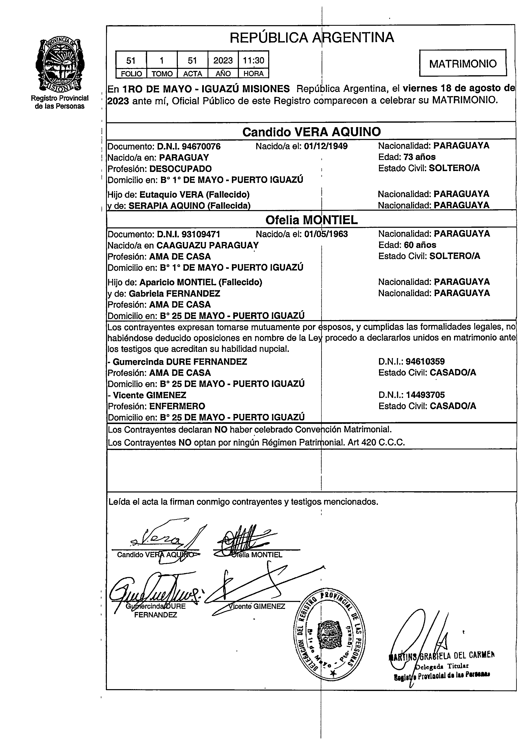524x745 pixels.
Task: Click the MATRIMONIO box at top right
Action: pyautogui.click(x=463, y=63)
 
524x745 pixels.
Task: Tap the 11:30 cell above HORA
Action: pyautogui.click(x=254, y=60)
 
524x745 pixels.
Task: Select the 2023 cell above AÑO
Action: pyautogui.click(x=223, y=60)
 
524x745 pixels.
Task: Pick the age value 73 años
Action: pyautogui.click(x=419, y=157)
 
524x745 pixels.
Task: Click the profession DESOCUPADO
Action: pyautogui.click(x=180, y=169)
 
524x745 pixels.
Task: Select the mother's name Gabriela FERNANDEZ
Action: pyautogui.click(x=174, y=294)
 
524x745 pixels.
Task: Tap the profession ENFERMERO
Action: pyautogui.click(x=177, y=406)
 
